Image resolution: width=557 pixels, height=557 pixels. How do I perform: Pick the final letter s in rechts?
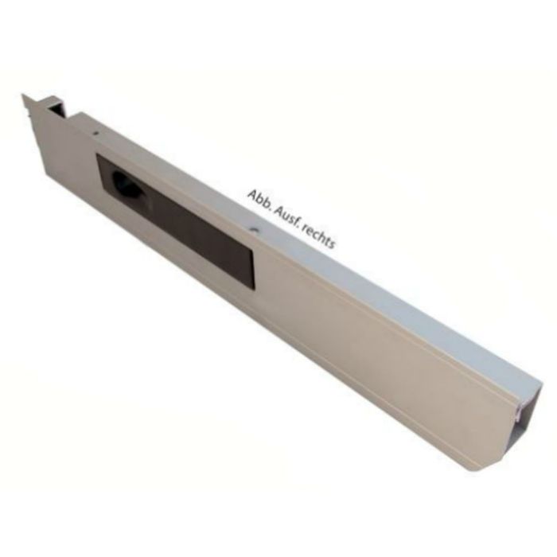coord(332,244)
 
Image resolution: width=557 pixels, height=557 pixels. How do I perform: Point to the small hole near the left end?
coord(95,133)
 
